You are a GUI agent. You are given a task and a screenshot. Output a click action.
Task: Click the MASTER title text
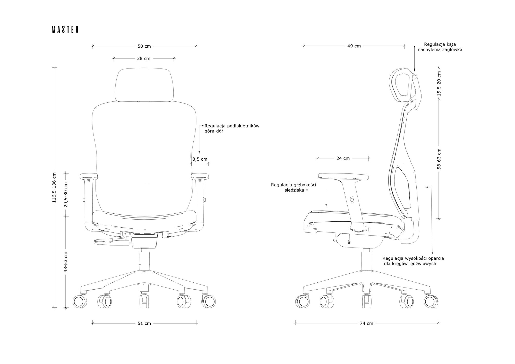65,30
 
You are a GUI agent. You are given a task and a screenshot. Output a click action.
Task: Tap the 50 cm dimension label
144,46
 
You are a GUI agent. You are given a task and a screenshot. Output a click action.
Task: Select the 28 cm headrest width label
144,58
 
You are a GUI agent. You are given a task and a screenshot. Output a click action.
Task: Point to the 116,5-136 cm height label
54,187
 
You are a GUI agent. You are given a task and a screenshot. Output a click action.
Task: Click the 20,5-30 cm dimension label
66,195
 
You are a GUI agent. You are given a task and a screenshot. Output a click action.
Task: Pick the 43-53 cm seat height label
66,262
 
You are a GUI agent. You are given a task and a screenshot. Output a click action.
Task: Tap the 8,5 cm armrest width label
200,159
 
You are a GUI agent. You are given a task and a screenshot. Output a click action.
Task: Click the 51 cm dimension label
144,323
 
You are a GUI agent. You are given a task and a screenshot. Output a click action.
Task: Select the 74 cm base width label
366,323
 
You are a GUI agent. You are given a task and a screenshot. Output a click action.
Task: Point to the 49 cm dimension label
354,46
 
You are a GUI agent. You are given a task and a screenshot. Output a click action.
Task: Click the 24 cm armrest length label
343,158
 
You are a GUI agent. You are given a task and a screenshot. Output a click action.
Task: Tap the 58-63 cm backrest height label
439,159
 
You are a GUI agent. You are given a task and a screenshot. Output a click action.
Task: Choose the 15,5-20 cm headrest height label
439,84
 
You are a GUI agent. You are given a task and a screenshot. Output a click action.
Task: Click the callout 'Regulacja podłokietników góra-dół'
232,128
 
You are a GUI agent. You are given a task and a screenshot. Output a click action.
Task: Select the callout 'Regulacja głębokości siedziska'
294,187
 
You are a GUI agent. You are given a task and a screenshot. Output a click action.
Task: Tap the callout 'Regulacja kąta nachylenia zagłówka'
440,47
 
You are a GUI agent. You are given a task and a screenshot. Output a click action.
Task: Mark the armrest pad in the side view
344,176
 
